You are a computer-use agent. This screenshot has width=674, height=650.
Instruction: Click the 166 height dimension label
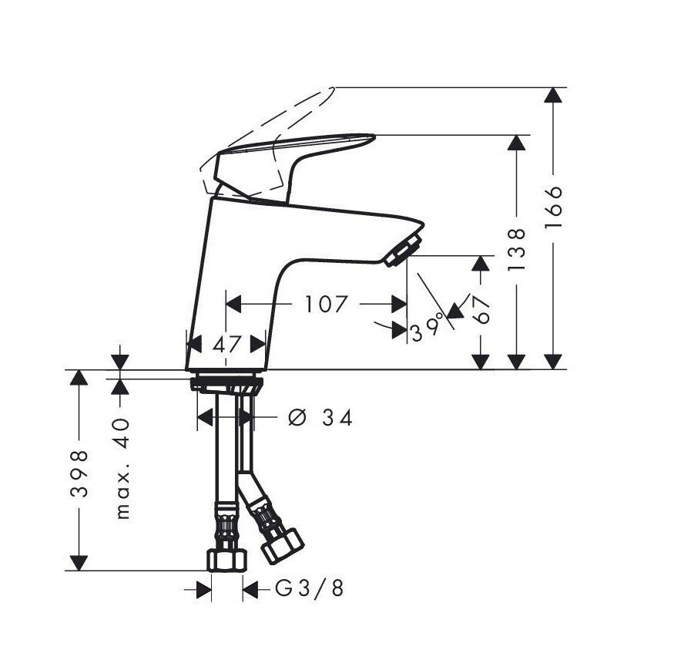(x=553, y=207)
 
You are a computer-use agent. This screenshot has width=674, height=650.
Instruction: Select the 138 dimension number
(x=516, y=250)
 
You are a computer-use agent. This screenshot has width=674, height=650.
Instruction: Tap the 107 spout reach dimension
(x=325, y=304)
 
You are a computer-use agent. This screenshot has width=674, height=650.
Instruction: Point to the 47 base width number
(x=227, y=344)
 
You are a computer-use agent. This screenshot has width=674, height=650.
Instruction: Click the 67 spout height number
(x=481, y=310)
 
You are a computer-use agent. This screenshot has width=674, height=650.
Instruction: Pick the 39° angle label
(x=427, y=328)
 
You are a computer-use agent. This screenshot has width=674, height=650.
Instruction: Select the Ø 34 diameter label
(x=320, y=418)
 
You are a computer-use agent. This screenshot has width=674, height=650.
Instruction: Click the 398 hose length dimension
(x=79, y=473)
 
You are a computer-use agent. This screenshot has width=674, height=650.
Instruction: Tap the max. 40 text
(x=122, y=469)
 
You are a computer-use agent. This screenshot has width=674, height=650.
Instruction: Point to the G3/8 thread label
(x=310, y=588)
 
